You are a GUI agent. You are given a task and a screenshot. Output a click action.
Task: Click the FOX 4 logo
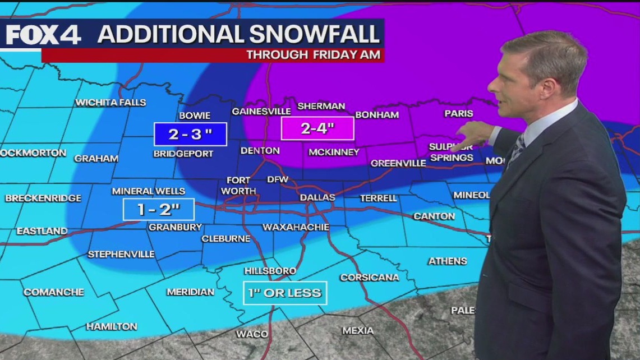click(x=43, y=35)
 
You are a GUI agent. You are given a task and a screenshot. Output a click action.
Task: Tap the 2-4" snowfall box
click(x=317, y=128)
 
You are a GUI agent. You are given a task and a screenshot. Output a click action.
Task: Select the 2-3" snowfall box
click(x=190, y=135)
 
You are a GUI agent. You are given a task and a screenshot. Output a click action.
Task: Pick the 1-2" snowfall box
click(x=159, y=210)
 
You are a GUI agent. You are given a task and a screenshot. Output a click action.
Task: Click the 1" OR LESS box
click(x=285, y=292)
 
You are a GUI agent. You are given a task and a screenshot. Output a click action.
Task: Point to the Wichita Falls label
click(x=110, y=103)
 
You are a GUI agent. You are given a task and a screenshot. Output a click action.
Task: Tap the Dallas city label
click(x=317, y=197)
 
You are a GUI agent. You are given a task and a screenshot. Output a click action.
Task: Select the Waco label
click(x=252, y=334)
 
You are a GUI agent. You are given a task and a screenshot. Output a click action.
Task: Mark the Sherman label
click(x=321, y=106)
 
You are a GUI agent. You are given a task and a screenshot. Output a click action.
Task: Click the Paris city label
click(x=459, y=113)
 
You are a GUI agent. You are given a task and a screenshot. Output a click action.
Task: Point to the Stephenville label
click(x=121, y=254)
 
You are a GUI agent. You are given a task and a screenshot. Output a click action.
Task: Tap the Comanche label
click(x=54, y=292)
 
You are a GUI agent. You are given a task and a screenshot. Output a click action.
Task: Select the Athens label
click(x=448, y=261)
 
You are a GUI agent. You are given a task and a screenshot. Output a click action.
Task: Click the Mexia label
click(x=358, y=331)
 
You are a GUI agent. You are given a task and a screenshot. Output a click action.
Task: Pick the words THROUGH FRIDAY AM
click(x=314, y=55)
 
